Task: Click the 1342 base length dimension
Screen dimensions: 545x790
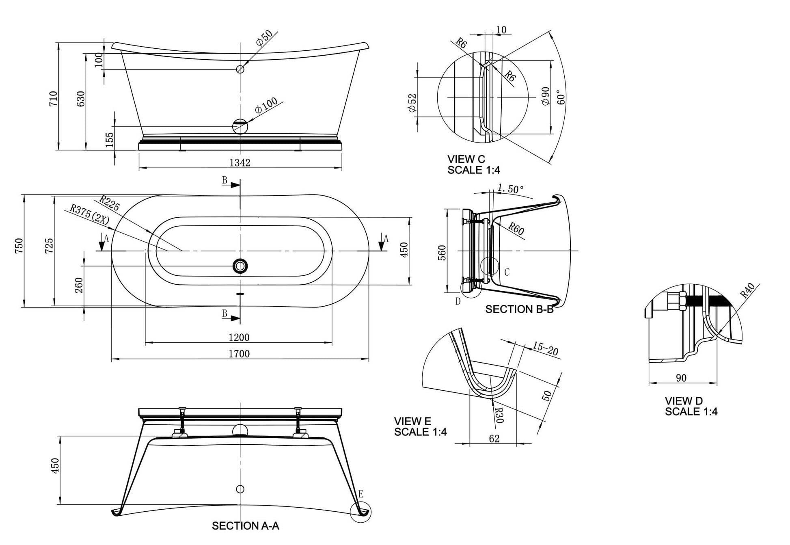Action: tap(240, 163)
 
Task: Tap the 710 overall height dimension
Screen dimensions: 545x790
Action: tap(53, 99)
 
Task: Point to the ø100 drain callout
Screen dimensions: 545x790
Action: tap(266, 105)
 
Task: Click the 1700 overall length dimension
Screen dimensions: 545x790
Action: tap(239, 354)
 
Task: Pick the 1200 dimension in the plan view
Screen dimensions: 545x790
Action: tap(239, 337)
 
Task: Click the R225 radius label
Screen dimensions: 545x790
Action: tap(110, 203)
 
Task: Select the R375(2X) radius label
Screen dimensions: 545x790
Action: tap(89, 214)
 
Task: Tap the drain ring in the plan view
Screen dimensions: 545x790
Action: tap(240, 266)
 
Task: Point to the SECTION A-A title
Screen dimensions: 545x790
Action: tap(246, 526)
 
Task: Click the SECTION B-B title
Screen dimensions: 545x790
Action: tap(519, 309)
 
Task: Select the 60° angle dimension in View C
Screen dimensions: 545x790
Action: tap(561, 97)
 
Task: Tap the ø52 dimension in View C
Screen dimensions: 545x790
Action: tap(412, 103)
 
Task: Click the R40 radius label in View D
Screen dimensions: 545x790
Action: tap(747, 290)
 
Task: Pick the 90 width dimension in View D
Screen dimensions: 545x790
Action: tap(681, 378)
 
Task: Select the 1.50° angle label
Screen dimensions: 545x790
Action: tap(510, 189)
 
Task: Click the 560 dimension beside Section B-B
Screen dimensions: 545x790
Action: tap(442, 253)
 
